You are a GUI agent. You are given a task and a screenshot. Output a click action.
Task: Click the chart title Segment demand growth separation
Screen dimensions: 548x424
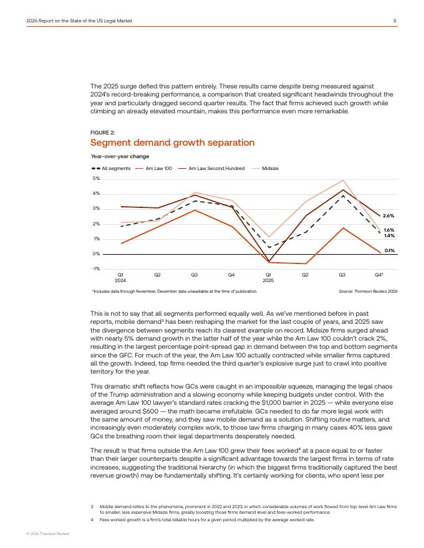tap(172, 143)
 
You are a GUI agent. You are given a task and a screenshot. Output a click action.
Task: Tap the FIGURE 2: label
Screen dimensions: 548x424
tap(104, 132)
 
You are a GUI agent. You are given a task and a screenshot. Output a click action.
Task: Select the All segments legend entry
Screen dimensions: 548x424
tap(112, 168)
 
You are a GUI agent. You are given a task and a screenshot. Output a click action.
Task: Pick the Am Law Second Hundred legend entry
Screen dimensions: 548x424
tap(207, 168)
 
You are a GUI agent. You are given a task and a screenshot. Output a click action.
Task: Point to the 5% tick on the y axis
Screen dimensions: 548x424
tap(96, 179)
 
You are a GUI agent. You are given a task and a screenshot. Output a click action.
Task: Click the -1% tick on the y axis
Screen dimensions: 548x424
tap(96, 269)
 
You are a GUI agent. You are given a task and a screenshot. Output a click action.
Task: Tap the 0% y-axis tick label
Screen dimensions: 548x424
tap(96, 254)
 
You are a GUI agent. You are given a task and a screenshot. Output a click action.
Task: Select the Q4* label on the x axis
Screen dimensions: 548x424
tap(379, 275)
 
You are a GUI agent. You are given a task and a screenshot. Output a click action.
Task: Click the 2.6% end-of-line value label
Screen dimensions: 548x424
tap(388, 215)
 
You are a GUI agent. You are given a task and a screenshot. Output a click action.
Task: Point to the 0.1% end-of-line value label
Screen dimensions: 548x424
tap(389, 250)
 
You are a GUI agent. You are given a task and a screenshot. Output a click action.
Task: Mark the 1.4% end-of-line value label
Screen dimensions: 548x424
tap(388, 236)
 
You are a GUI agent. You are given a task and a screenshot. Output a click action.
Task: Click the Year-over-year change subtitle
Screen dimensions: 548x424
tap(120, 156)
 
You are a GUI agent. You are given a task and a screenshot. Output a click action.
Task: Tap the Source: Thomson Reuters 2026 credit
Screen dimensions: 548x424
tap(368, 291)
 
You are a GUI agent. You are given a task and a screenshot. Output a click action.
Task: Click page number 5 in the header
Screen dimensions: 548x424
tap(395, 21)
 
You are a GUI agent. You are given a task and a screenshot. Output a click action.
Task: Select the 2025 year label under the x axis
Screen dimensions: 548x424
tap(268, 280)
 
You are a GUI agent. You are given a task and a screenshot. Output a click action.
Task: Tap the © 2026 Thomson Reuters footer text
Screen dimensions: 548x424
tap(47, 534)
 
